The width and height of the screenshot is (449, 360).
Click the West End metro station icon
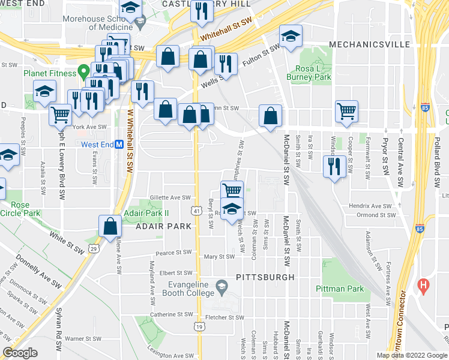pos(119,145)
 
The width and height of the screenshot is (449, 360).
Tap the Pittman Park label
pos(340,289)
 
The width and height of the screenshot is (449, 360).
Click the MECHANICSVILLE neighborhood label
pos(369,44)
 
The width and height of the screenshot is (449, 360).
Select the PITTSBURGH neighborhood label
pos(265,277)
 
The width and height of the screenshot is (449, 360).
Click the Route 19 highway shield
pos(198,326)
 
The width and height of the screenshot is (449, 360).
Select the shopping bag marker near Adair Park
pos(110,226)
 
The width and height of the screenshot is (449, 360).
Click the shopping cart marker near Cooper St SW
pos(346,110)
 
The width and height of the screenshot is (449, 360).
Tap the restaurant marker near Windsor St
pos(334,166)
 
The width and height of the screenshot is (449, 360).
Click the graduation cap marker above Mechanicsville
pos(291,37)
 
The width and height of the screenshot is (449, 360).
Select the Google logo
pos(20,353)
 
